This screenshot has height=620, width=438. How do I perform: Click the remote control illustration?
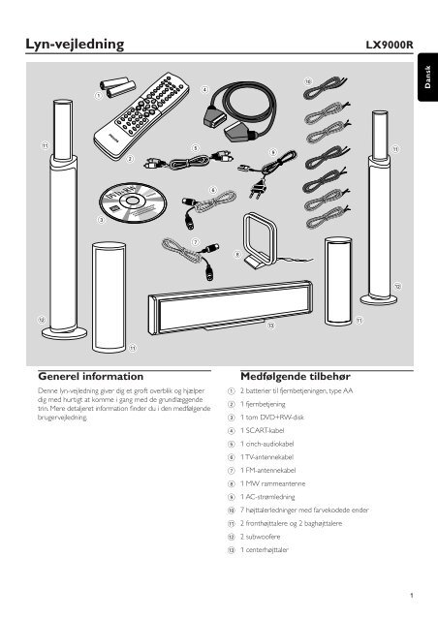[x=141, y=115]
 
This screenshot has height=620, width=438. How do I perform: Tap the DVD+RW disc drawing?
[x=132, y=202]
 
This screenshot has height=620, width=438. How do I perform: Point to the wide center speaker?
[x=231, y=307]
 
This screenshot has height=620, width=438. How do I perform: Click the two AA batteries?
[x=117, y=87]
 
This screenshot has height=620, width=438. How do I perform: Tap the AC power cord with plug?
[x=267, y=172]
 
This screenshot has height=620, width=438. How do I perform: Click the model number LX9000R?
[x=390, y=45]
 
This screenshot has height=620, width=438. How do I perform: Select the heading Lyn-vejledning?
[x=75, y=44]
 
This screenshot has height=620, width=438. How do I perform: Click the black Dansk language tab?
[x=427, y=77]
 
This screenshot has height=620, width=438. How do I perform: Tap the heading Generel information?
[x=91, y=376]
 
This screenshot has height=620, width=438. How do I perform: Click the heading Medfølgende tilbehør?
[x=296, y=376]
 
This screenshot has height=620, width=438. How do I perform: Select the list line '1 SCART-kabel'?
[x=262, y=430]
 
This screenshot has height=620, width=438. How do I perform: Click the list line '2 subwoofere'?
[x=260, y=537]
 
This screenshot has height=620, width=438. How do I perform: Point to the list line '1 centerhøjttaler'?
[x=265, y=550]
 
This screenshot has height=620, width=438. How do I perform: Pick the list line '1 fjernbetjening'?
[x=263, y=404]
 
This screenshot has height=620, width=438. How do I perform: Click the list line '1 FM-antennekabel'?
[x=267, y=470]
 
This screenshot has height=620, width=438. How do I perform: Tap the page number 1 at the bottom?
[x=412, y=595]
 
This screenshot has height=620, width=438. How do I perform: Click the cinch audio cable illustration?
[x=188, y=160]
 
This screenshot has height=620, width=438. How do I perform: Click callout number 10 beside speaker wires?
[x=308, y=81]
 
